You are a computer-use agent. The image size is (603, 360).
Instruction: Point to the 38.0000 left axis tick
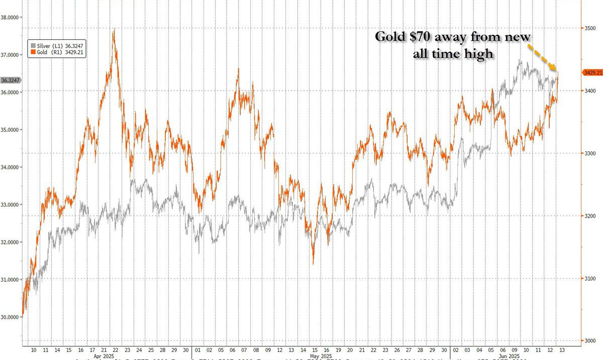click(x=10, y=17)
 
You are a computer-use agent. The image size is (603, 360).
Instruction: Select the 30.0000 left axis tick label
click(x=10, y=317)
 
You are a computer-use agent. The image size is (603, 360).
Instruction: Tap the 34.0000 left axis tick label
click(x=10, y=167)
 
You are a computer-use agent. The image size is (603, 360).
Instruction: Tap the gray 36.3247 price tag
click(x=10, y=80)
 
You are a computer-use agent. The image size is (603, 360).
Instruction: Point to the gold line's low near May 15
click(x=313, y=263)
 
